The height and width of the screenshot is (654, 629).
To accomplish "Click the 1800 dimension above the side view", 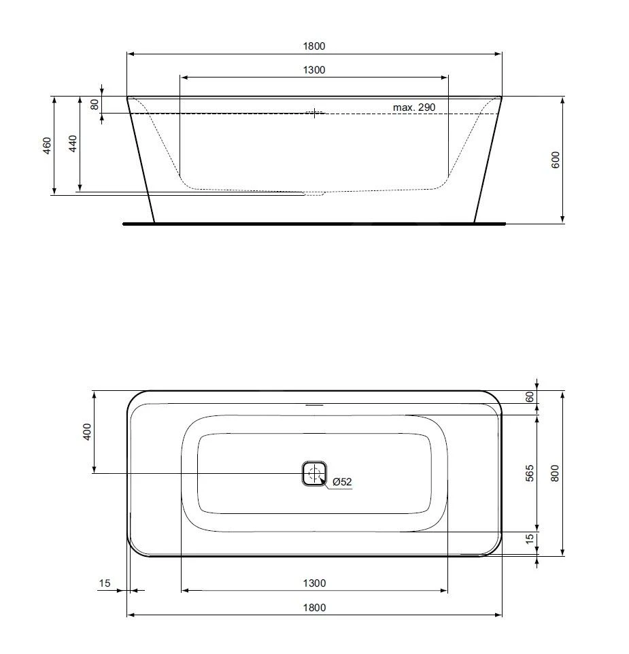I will pos(314,46).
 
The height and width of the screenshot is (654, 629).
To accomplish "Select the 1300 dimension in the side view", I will pos(314,69).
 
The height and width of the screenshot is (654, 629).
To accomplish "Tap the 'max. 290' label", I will pos(413,107).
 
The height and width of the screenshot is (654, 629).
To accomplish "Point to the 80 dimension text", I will pos(95,104).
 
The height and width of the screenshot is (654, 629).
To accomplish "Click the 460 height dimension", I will pos(47,145).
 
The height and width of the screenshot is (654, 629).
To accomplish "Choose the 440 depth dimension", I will pos(73,143).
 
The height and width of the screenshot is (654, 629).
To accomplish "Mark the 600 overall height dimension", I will pos(556,160).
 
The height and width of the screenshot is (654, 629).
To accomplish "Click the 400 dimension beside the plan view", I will pos(86,432).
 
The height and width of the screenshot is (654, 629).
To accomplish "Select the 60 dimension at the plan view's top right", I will pos(530,397).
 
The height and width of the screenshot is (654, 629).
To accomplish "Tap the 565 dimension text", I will pos(530,472).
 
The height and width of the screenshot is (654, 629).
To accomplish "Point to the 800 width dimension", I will pos(556,472).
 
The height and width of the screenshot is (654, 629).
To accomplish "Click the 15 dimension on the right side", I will pos(530,539).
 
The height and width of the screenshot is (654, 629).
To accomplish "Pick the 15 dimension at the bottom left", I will pos(104,583).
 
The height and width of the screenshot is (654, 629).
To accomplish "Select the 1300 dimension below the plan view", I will pos(314,583).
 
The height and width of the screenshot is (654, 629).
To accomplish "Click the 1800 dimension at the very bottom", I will pos(314,608).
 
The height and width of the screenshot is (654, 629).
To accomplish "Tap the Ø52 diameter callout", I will pos(342,482).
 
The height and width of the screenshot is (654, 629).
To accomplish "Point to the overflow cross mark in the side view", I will pos(314,113).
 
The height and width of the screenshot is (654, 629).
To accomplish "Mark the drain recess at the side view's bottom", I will pos(314,194).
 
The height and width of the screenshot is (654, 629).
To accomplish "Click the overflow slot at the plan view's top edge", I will pos(314,405).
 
